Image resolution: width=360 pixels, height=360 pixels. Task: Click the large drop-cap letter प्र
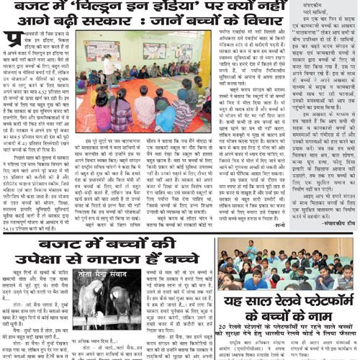pyautogui.click(x=12, y=40)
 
